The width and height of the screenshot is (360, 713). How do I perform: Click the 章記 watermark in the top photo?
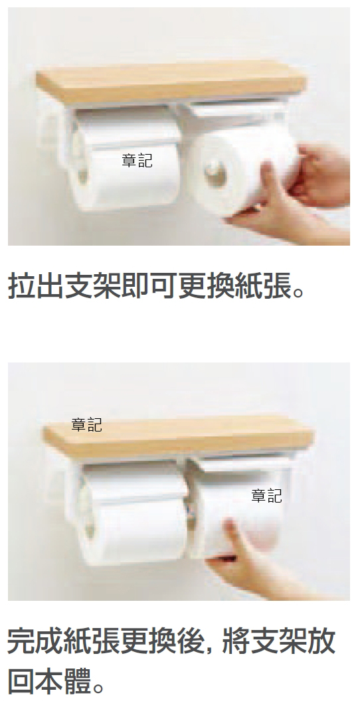pos(137,160)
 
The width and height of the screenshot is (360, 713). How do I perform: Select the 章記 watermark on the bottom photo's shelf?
pos(86,425)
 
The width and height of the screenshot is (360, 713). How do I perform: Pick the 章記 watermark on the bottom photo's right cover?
pos(267,496)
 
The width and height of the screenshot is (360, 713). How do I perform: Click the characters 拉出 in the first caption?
pos(36,286)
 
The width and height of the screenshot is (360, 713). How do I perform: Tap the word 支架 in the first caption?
pos(92,286)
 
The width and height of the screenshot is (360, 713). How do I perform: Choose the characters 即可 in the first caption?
pos(149,286)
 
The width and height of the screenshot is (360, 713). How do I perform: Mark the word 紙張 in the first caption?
pos(263,286)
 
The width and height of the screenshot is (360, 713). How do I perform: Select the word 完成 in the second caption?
pos(36,641)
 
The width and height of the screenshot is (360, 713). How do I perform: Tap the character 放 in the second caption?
pos(321,641)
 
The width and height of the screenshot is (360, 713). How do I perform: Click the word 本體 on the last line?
pos(64,680)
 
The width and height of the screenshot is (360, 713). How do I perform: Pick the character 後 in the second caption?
pos(191,641)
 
